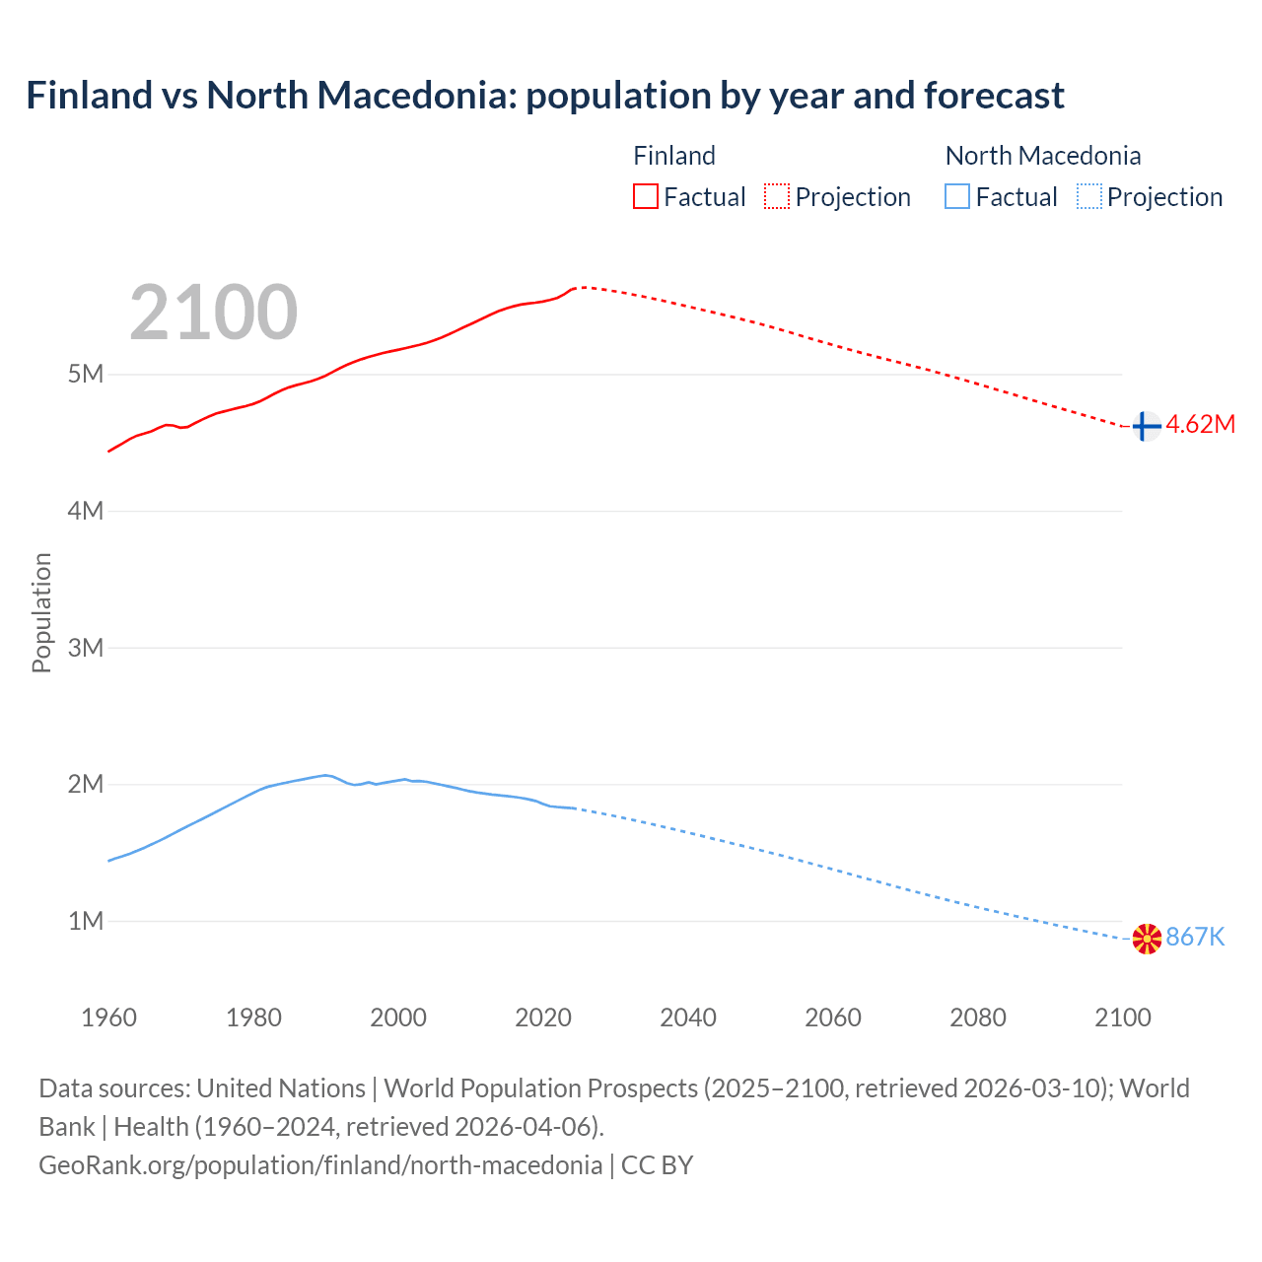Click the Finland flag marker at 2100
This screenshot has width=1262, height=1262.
(x=1145, y=426)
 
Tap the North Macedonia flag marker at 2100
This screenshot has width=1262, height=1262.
(x=1147, y=939)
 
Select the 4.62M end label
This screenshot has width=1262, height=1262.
(x=1200, y=425)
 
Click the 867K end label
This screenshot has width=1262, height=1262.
(x=1195, y=938)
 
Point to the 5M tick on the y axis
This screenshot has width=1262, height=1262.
(x=86, y=375)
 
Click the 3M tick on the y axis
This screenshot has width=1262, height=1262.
(x=86, y=648)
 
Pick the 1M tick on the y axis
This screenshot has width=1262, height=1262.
(x=86, y=921)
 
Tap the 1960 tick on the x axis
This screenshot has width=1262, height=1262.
(x=108, y=1017)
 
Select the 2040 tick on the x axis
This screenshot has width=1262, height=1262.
(x=688, y=1017)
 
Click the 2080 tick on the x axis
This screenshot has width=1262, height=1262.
(x=978, y=1017)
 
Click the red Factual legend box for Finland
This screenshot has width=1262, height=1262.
(x=646, y=197)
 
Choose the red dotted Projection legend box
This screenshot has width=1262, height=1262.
(x=777, y=197)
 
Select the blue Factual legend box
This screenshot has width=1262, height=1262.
(x=957, y=197)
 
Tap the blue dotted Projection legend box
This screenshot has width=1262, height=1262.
(x=1088, y=197)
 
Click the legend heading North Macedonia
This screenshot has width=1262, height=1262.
(x=1042, y=156)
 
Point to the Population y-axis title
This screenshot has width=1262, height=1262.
(x=41, y=612)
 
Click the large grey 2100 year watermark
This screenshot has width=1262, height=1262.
(x=213, y=313)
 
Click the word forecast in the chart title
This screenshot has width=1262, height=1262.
(x=994, y=96)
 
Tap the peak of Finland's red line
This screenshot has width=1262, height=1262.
(x=582, y=287)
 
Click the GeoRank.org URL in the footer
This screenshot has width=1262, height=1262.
(x=320, y=1165)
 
